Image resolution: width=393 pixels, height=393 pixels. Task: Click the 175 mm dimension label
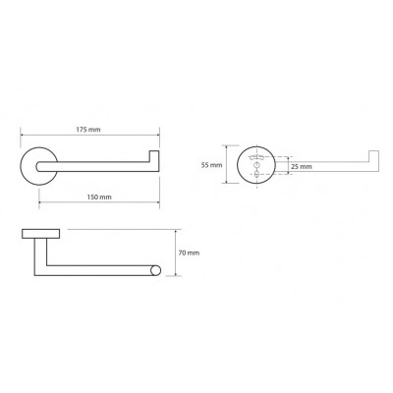(88, 130)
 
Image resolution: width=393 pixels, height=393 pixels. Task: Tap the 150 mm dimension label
(99, 197)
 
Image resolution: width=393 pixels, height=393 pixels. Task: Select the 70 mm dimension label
(189, 253)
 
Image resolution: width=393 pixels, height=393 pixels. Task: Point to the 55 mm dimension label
(211, 165)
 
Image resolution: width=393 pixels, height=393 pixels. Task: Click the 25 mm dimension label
(302, 167)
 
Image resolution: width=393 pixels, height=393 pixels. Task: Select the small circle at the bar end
(156, 270)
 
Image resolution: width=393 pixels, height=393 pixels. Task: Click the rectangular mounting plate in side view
(41, 234)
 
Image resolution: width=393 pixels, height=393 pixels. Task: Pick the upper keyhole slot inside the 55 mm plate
(256, 157)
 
